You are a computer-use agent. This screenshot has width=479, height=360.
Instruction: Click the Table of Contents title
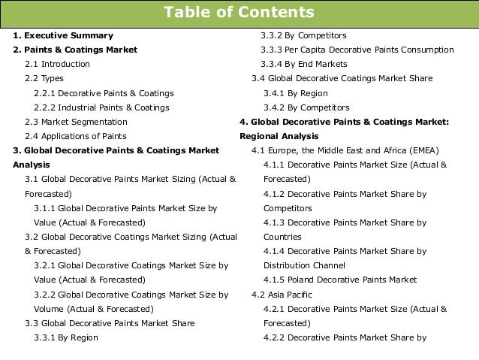pyautogui.click(x=239, y=14)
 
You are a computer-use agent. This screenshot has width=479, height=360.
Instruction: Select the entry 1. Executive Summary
pyautogui.click(x=63, y=35)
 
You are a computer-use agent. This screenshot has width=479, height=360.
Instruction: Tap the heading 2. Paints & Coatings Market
pyautogui.click(x=75, y=50)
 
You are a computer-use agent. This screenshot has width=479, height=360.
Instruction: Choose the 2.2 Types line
pyautogui.click(x=44, y=78)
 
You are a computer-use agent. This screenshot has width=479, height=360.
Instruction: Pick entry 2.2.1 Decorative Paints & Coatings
pyautogui.click(x=104, y=93)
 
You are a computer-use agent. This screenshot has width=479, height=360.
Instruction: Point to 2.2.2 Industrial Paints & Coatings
pyautogui.click(x=101, y=107)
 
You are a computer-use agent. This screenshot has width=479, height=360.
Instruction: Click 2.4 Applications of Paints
pyautogui.click(x=75, y=136)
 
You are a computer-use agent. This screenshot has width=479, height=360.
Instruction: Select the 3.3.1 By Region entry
pyautogui.click(x=66, y=337)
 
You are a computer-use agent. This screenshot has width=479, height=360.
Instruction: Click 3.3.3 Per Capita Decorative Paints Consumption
pyautogui.click(x=357, y=50)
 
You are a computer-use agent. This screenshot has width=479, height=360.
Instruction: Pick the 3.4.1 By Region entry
pyautogui.click(x=296, y=93)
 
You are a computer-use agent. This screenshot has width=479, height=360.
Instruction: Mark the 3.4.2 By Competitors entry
pyautogui.click(x=306, y=107)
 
